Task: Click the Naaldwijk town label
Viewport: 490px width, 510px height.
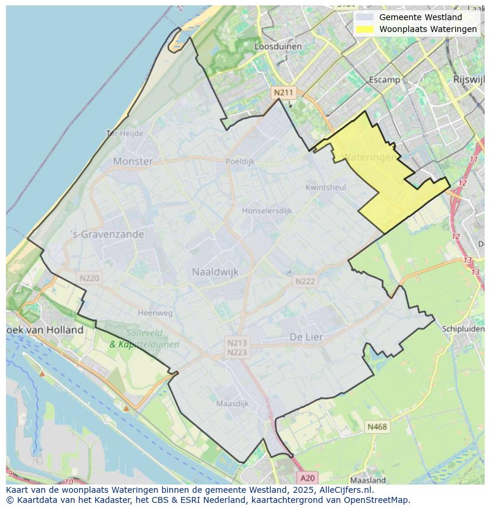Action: [x=215, y=272]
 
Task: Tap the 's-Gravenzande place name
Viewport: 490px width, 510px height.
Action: [x=107, y=234]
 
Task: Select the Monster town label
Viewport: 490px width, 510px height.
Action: [x=133, y=161]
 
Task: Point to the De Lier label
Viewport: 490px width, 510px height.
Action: [x=306, y=336]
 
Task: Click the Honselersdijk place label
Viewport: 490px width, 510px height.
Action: [x=267, y=210]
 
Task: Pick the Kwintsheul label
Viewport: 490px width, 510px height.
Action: [x=325, y=187]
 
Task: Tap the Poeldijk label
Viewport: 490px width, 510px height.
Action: [x=240, y=161]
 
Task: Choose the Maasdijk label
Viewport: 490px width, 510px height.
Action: [x=232, y=403]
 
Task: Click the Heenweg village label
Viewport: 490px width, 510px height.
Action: [x=155, y=313]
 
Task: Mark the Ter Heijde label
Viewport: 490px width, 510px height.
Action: [x=125, y=133]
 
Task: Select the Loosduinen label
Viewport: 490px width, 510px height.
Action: [x=278, y=46]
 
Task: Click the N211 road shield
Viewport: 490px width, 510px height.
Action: [x=283, y=92]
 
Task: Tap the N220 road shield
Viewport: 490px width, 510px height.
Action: [x=89, y=278]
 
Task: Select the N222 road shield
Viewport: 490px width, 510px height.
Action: [x=305, y=281]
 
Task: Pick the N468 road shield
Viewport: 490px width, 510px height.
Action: [x=377, y=426]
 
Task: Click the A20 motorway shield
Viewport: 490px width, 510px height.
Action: [x=307, y=477]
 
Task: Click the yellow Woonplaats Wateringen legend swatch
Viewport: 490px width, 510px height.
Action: [x=365, y=29]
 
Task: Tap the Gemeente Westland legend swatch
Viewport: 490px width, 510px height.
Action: [x=365, y=17]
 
